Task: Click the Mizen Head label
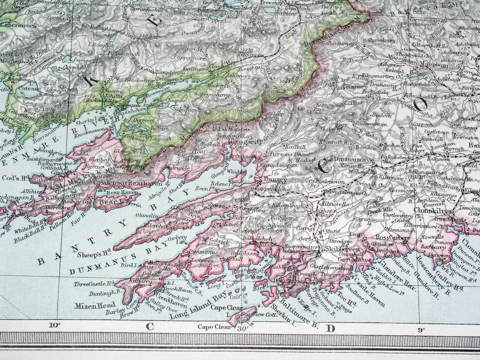pos(95,305)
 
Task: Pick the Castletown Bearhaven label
pos(128,183)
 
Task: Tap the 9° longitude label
pos(421,329)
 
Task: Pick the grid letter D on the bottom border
pos(330,328)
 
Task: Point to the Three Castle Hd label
pos(94,283)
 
